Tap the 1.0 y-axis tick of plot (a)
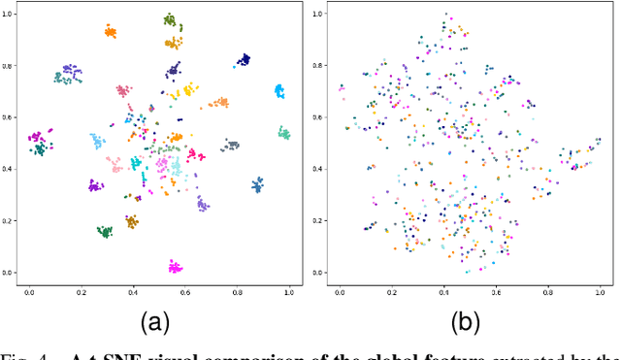[9, 15]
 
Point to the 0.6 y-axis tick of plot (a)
[9, 117]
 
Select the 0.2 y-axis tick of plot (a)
[9, 221]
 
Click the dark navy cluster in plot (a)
[243, 60]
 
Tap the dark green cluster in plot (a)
[105, 231]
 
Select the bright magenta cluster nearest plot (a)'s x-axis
[175, 266]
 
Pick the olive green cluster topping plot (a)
[170, 19]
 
